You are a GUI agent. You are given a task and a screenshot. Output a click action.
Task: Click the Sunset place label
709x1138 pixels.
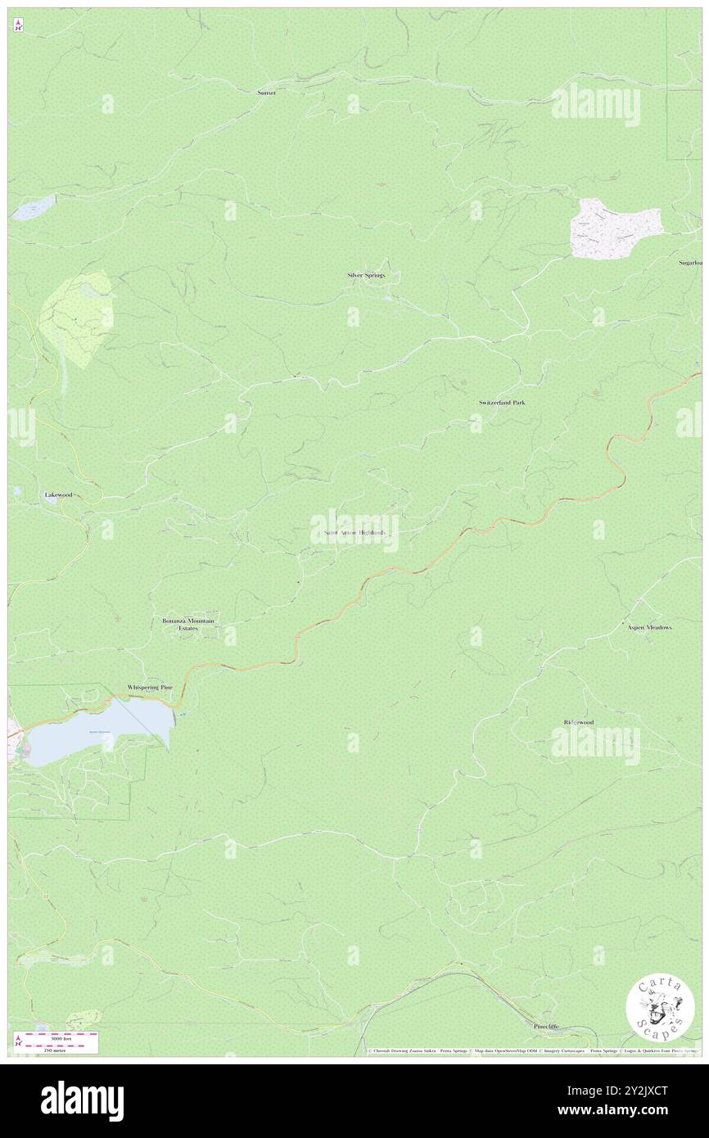point(266,93)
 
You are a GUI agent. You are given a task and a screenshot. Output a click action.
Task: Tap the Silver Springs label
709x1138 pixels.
point(365,275)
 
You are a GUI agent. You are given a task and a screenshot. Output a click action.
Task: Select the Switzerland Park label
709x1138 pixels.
point(501,403)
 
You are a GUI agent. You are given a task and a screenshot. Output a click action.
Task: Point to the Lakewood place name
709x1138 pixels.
point(59,495)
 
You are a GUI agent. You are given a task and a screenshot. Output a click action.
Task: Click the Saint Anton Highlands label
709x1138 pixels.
point(354,532)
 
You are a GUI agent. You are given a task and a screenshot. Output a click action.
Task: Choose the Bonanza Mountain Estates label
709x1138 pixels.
point(187,625)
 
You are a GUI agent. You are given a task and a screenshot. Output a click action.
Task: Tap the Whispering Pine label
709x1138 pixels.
point(150,688)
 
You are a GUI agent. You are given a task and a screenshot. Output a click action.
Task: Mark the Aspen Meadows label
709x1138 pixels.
point(649,627)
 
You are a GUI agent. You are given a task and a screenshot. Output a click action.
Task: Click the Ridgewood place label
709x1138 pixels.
point(578,722)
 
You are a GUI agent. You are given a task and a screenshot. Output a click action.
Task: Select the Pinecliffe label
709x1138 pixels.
point(546,1026)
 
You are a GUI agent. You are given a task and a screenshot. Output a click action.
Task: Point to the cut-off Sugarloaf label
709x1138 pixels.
point(690,263)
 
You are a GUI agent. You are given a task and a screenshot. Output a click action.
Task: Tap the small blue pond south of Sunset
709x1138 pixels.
point(33,208)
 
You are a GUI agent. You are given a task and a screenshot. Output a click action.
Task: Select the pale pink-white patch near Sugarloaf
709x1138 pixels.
point(616,228)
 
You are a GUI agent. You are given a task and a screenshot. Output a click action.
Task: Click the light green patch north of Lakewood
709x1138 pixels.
point(78,311)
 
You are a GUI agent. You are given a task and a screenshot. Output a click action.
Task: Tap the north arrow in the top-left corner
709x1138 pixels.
point(18,25)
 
